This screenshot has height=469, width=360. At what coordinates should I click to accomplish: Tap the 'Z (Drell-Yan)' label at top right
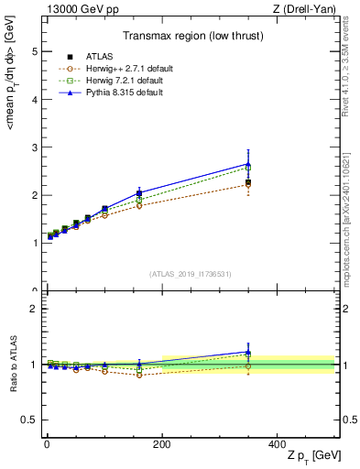click(x=306, y=9)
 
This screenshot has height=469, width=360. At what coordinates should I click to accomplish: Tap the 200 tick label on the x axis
click(x=162, y=443)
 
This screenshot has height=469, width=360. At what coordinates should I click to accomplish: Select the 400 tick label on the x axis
click(x=277, y=443)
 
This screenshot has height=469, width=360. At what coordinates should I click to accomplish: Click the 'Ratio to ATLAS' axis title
click(x=12, y=364)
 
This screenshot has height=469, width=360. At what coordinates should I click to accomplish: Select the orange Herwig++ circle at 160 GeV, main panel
click(x=139, y=205)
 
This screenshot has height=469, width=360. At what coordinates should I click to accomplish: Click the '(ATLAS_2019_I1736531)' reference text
click(x=190, y=274)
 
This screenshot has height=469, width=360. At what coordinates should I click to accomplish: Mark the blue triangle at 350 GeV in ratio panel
click(x=248, y=352)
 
